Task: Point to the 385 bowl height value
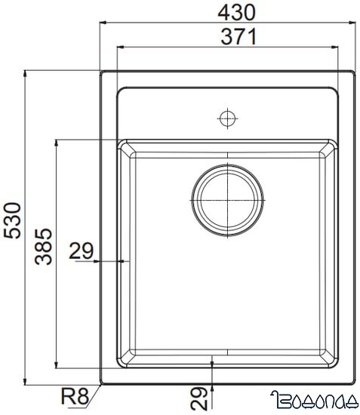pos(44,245)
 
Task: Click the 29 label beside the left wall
pos(82,251)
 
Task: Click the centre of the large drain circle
pos(228,200)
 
